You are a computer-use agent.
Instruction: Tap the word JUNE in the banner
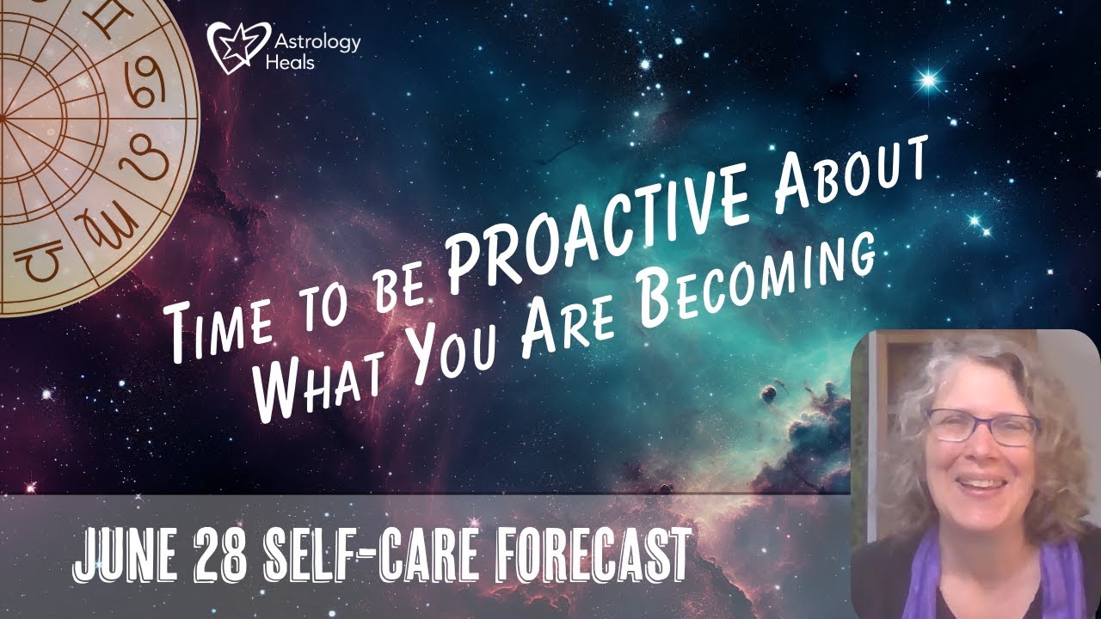[129, 554]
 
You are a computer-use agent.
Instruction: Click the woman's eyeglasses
[981, 426]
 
